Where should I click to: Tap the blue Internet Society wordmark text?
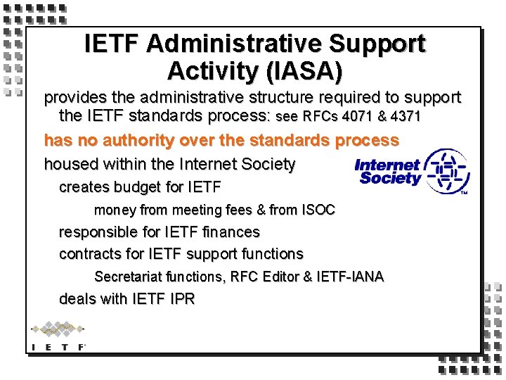tap(387, 172)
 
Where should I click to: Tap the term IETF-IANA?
tap(351, 277)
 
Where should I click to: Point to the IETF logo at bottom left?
tap(58, 336)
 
